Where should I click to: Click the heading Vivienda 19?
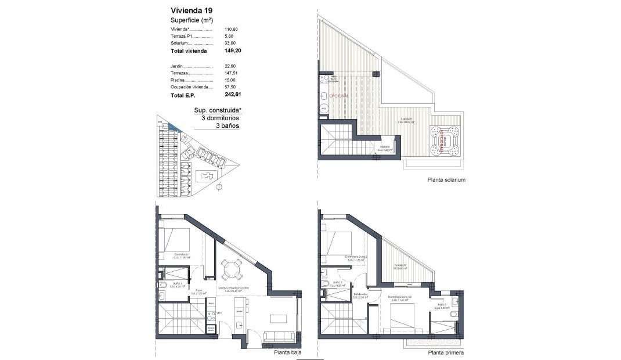pyautogui.click(x=192, y=10)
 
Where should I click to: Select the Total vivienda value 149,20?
pyautogui.click(x=233, y=51)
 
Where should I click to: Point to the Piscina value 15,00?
pyautogui.click(x=231, y=80)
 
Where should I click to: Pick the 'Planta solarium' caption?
pyautogui.click(x=446, y=180)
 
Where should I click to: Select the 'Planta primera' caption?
pyautogui.click(x=445, y=352)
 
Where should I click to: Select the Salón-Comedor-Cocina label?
pyautogui.click(x=234, y=288)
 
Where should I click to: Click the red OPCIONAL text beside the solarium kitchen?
pyautogui.click(x=339, y=95)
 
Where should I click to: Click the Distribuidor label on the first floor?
pyautogui.click(x=360, y=295)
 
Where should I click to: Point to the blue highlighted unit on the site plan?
pyautogui.click(x=174, y=128)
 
